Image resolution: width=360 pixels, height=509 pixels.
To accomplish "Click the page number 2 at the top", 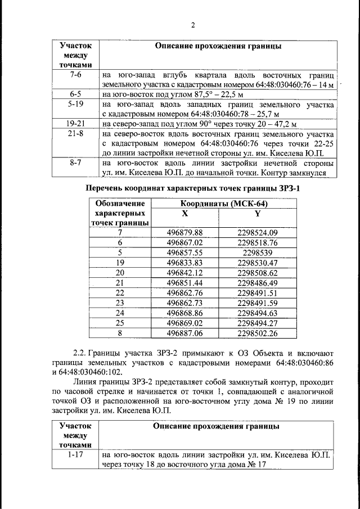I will (192, 25).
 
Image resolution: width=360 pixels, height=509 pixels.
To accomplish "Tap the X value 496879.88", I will (185, 232).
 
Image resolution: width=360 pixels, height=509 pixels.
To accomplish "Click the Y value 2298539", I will (258, 253).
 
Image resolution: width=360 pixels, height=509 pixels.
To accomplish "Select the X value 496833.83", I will (185, 263).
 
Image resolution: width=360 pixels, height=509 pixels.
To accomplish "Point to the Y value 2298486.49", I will (258, 283).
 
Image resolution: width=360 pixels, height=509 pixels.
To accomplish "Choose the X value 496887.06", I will (185, 334).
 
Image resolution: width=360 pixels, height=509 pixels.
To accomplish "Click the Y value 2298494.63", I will (258, 313).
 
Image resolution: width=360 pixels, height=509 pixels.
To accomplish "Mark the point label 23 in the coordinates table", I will (119, 303).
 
